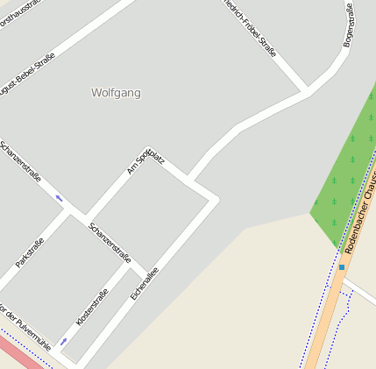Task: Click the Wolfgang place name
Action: (x=116, y=92)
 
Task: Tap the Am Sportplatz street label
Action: (x=145, y=160)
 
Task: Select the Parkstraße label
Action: (x=31, y=251)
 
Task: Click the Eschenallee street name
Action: (x=144, y=284)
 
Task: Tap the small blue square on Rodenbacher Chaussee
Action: (x=342, y=266)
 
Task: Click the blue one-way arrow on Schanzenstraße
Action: (x=59, y=198)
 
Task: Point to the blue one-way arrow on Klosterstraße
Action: (x=63, y=342)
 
